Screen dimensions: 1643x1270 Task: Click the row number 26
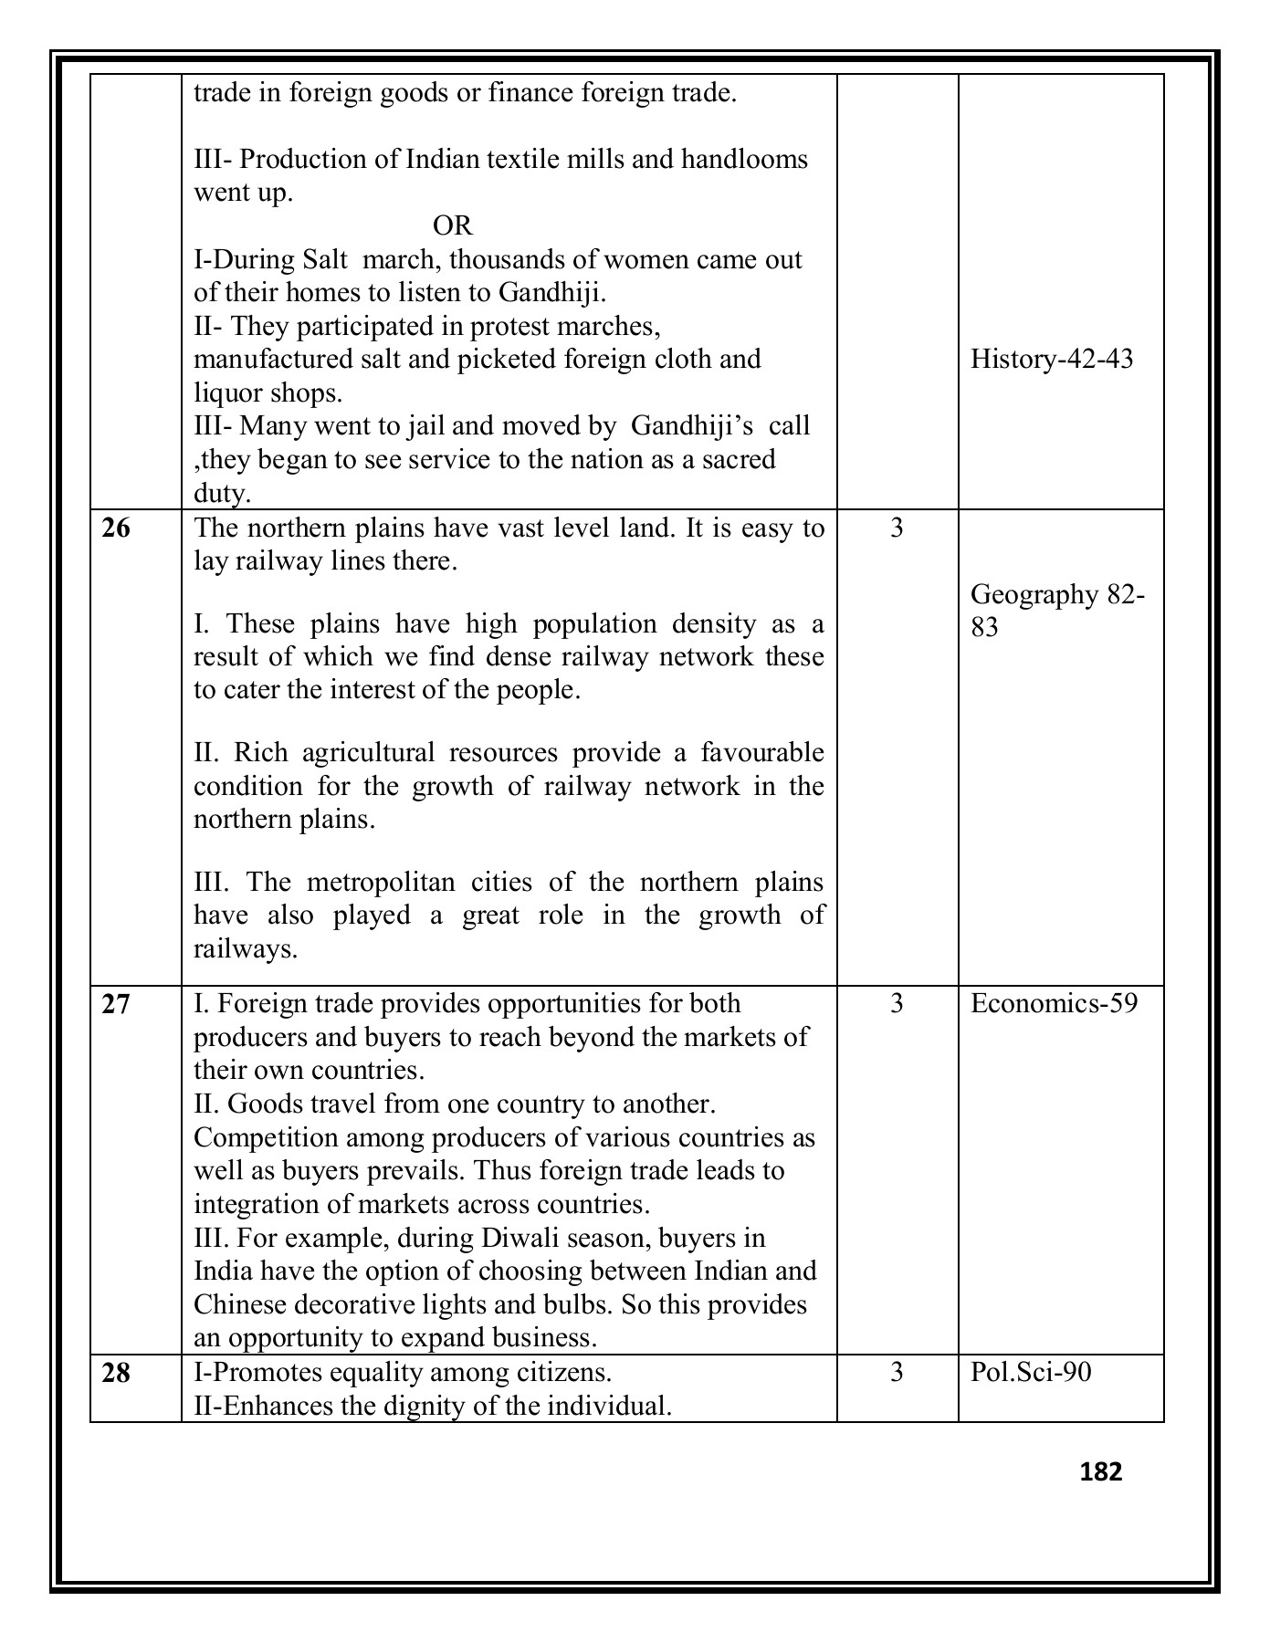point(116,528)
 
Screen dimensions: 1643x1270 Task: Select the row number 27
point(116,1004)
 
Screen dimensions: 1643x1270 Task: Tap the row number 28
point(116,1373)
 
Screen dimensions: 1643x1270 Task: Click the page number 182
point(1100,1471)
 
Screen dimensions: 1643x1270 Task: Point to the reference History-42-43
point(1051,359)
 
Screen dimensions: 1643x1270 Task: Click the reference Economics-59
point(1054,1004)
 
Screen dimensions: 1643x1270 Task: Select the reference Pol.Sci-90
point(1031,1373)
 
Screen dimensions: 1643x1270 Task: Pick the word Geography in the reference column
point(1034,595)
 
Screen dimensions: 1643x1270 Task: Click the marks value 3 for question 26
point(897,528)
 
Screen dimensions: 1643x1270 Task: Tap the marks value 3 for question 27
point(897,1004)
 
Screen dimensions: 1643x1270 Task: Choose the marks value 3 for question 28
point(897,1373)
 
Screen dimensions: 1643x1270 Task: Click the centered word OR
point(452,225)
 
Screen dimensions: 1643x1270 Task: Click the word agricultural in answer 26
point(369,753)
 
